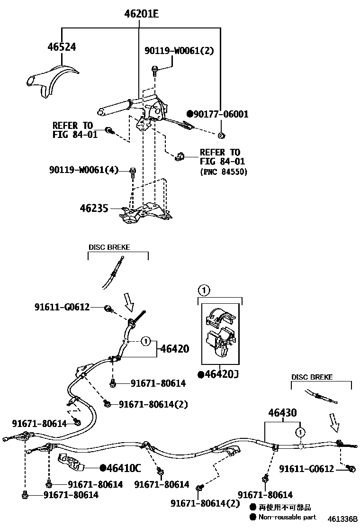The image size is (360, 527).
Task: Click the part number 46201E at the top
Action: click(141, 14)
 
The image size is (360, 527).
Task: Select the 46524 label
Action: click(62, 46)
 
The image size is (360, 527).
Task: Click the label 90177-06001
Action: click(221, 114)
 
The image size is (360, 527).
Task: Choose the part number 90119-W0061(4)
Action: click(83, 170)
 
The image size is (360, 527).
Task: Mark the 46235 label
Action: click(94, 208)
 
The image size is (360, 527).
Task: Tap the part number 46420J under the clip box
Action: click(218, 374)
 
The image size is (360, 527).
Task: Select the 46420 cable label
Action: click(174, 349)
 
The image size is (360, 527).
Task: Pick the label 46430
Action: click(282, 413)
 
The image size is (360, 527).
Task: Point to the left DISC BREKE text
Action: click(109, 247)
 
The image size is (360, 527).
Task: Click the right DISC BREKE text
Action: click(312, 378)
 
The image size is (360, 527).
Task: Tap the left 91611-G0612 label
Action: click(62, 307)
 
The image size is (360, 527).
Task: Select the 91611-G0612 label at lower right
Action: click(306, 469)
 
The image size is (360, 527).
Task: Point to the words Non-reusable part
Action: click(287, 517)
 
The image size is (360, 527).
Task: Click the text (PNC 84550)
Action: click(224, 172)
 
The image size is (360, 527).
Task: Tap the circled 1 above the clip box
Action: click(202, 290)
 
